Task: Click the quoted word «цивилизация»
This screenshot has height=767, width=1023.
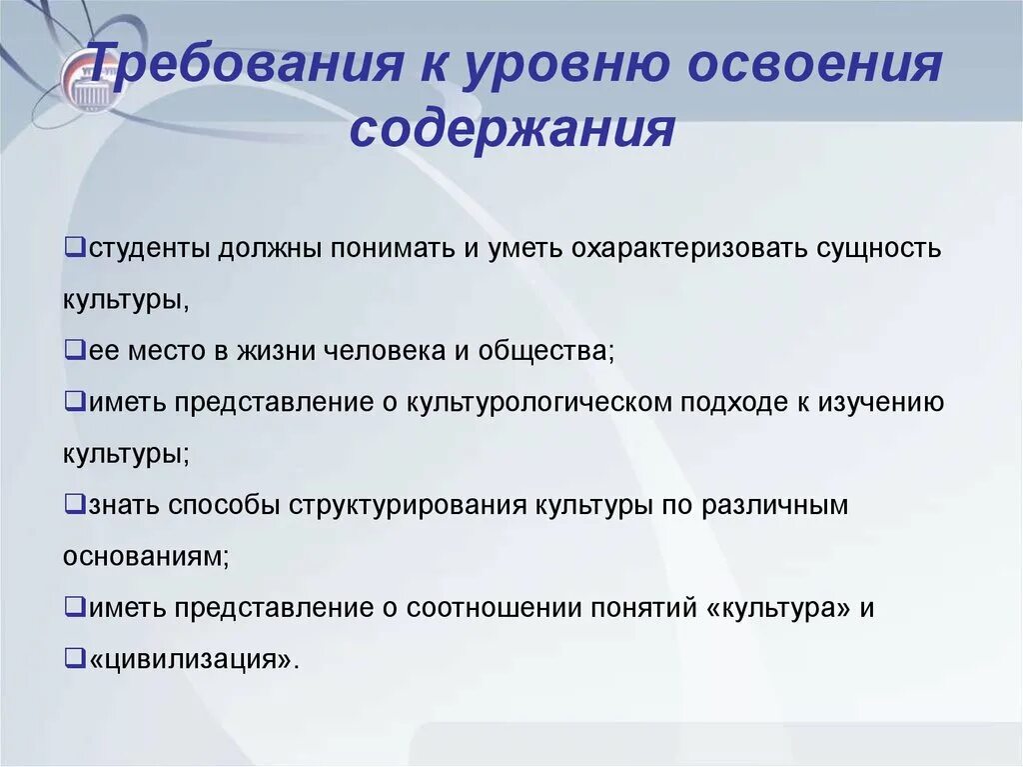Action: [193, 661]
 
